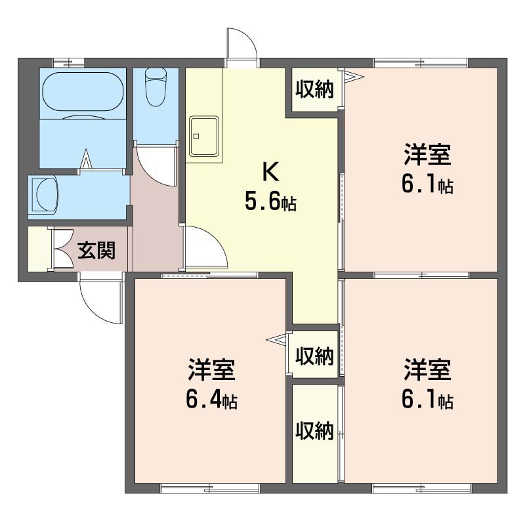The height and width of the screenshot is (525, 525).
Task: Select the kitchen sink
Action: [x=204, y=137]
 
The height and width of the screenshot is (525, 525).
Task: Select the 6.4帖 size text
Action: [x=212, y=400]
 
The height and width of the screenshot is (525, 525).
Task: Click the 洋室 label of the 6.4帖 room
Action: [x=212, y=371]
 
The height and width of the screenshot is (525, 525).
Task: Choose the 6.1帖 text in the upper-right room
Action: [x=427, y=186]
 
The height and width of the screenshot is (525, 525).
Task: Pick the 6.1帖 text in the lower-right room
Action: [x=427, y=400]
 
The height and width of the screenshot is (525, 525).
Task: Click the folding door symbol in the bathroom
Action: [x=86, y=160]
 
